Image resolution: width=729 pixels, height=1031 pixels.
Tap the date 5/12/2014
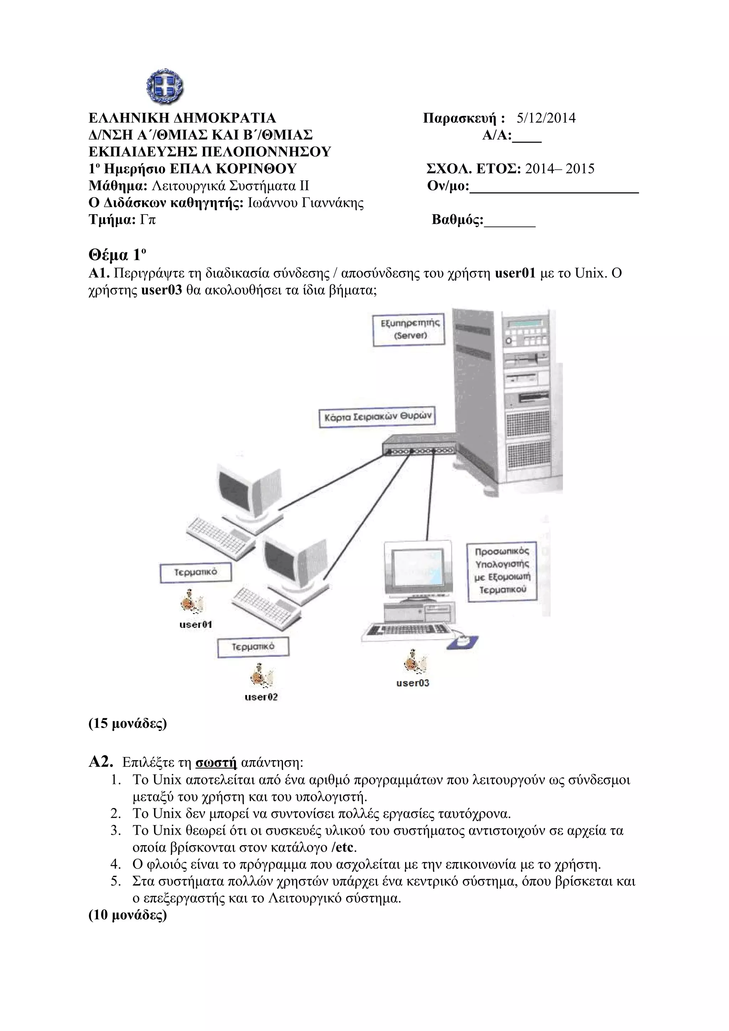point(546,118)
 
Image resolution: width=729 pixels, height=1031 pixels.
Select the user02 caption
point(261,697)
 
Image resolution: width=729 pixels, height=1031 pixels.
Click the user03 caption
point(412,683)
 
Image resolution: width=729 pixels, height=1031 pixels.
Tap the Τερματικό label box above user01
point(196,573)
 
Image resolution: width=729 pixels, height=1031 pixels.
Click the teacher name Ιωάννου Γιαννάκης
point(306,203)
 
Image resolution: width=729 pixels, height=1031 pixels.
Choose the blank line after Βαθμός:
point(510,223)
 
